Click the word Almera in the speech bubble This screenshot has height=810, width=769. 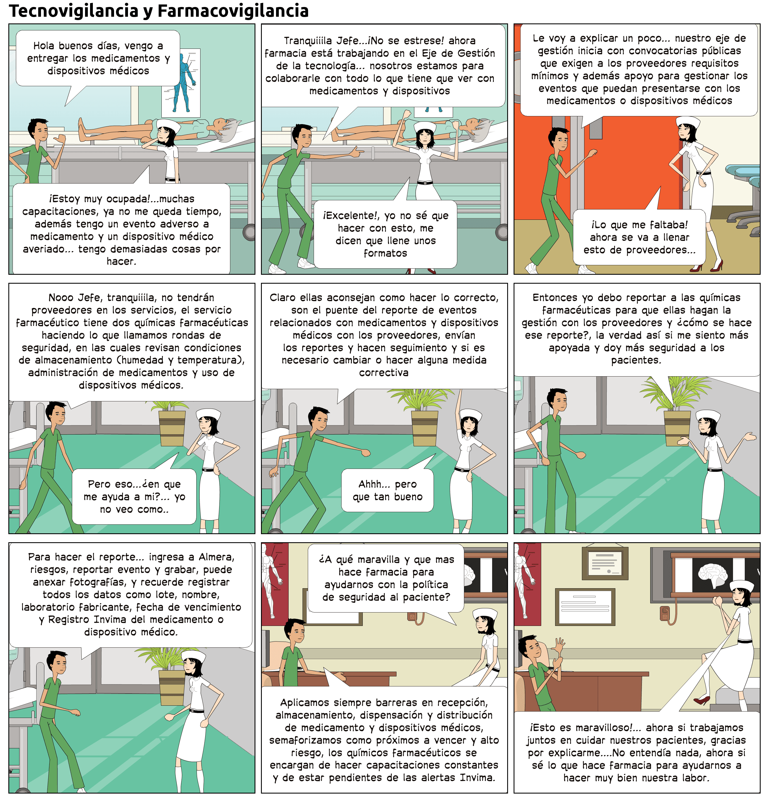[x=216, y=557]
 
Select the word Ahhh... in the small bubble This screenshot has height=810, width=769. [x=374, y=484]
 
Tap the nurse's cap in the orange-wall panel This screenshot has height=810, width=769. [x=688, y=121]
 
